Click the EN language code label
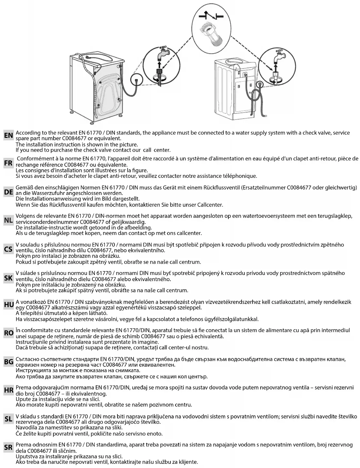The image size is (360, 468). pos(8,136)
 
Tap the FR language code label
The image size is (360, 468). pos(8,164)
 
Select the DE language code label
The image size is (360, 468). pos(8,192)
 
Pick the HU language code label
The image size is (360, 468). pos(8,304)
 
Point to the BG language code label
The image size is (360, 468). pos(8,362)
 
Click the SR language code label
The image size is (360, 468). pos(8,447)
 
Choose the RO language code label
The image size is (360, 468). pos(8,333)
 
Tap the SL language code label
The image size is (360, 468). pos(8,419)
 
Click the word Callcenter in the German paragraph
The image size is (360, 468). pos(210,205)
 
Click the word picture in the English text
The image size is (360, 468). pos(128,145)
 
